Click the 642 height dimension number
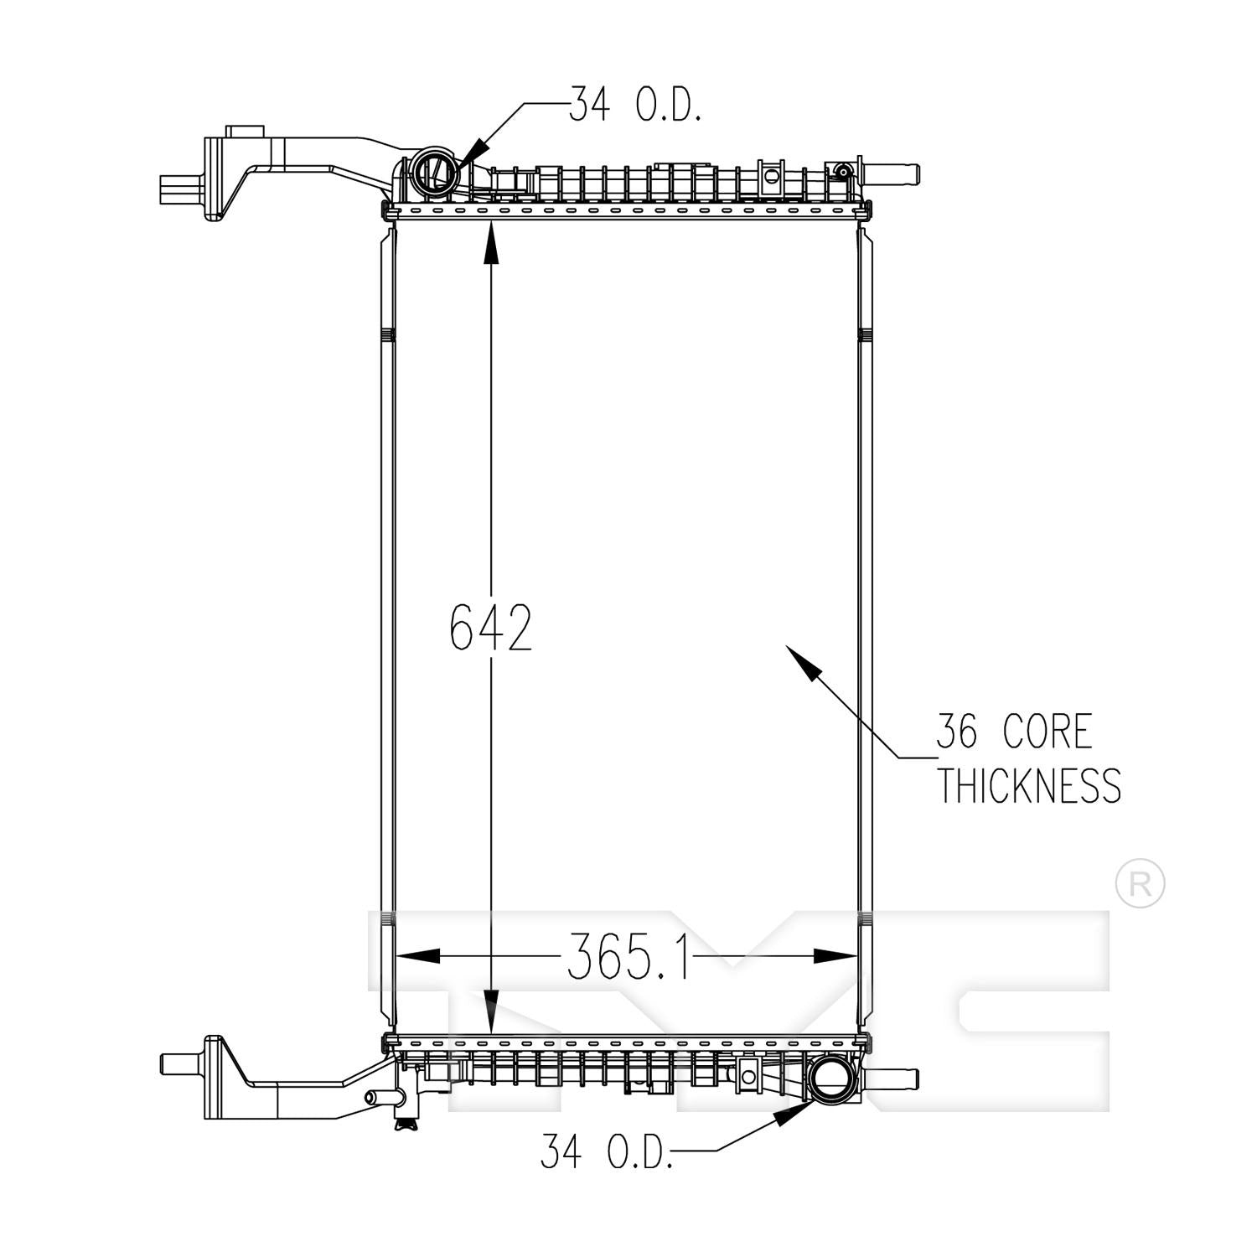click(491, 627)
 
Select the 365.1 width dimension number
click(628, 956)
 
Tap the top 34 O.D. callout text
click(634, 106)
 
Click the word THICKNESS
click(1028, 785)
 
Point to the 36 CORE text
click(1014, 732)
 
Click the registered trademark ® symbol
click(1140, 884)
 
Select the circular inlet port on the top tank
click(436, 173)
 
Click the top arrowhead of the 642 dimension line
click(491, 243)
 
